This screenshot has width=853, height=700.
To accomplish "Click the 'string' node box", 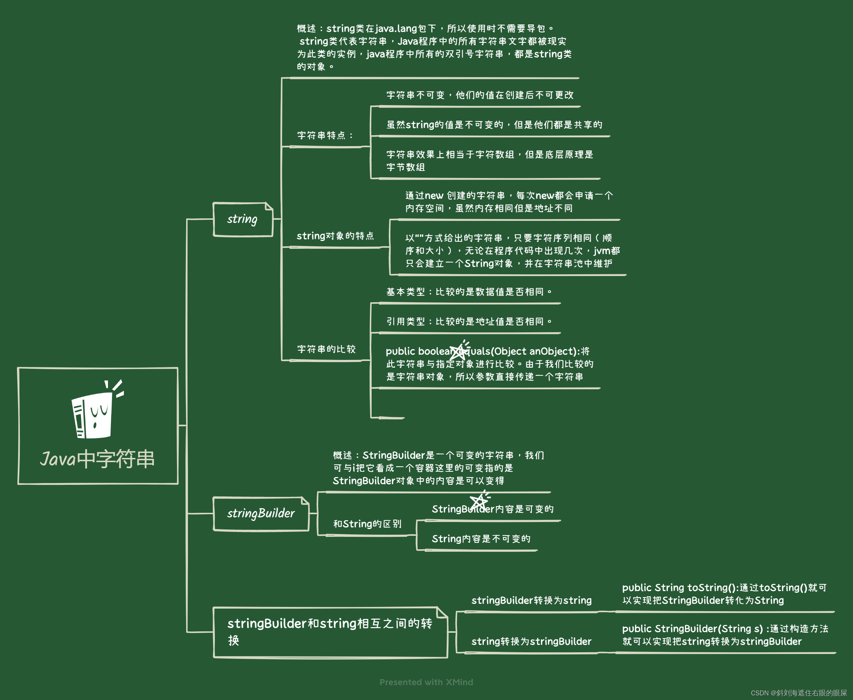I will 243,219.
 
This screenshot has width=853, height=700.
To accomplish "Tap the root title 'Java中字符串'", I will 97,459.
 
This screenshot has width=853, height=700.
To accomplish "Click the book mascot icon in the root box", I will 95,412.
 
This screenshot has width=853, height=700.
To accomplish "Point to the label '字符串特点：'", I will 325,136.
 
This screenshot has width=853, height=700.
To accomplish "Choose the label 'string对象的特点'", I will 335,236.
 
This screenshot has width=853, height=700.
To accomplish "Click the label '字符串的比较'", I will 326,349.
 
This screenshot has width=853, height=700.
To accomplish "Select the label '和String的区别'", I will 367,524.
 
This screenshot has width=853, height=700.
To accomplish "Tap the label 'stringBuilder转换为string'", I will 531,601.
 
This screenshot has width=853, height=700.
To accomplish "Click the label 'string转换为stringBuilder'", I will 531,642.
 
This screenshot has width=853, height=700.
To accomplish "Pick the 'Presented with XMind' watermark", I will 426,682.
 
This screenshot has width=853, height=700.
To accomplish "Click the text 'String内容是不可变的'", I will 481,539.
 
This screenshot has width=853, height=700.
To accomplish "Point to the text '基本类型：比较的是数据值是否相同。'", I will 469,292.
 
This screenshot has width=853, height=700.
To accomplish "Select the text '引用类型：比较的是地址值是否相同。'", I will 469,321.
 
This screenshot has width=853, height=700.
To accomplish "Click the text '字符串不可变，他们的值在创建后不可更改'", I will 480,95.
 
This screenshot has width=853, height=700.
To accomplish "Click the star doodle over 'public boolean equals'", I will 459,350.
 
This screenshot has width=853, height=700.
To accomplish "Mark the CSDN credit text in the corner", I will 798,693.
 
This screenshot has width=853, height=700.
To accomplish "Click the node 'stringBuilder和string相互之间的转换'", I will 330,632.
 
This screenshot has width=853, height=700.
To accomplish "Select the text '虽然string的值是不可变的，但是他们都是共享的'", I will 494,125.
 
